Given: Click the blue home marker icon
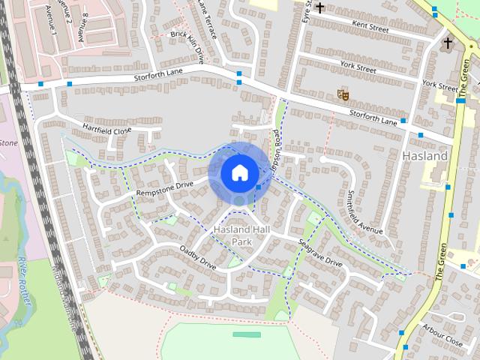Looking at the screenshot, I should click(239, 172).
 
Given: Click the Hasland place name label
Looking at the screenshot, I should click(425, 156).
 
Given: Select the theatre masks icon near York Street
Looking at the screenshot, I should click(343, 95).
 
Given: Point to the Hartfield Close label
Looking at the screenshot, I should click(106, 129).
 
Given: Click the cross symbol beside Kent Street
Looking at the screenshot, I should click(320, 8).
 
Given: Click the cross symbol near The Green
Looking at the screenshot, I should click(448, 43).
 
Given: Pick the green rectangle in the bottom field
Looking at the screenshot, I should click(241, 334).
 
